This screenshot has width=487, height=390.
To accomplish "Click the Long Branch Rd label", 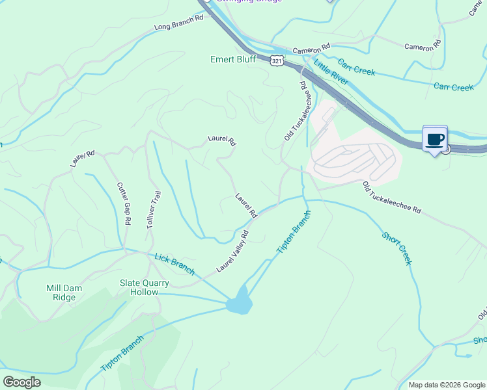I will (179, 23).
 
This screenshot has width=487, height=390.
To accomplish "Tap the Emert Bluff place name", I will (234, 59).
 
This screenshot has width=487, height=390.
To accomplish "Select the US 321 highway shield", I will (278, 60).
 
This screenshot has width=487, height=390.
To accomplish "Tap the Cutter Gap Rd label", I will (124, 203).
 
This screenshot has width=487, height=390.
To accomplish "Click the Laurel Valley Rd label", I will (234, 251).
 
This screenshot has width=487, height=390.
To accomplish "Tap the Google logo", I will (21, 382).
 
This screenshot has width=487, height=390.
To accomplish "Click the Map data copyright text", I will (446, 385).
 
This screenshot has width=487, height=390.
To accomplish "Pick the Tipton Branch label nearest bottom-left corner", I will (123, 354).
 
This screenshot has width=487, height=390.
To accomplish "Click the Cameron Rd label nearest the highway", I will (312, 49).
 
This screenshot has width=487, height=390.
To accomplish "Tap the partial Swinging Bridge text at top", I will (250, 2).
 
